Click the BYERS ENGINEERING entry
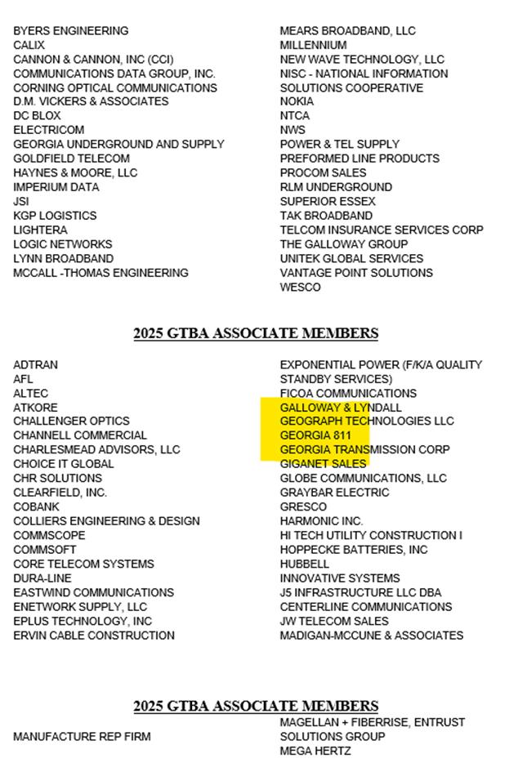[70, 31]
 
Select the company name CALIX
[29, 45]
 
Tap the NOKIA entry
[297, 101]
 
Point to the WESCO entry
[300, 287]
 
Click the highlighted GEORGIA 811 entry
[315, 435]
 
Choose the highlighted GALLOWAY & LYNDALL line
[341, 407]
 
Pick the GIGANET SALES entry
[323, 464]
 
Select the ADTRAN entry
[35, 365]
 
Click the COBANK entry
[36, 507]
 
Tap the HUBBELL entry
[305, 564]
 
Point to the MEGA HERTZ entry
[315, 751]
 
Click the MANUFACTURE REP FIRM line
[82, 737]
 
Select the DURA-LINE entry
[42, 578]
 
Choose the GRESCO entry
[303, 507]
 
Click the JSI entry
[21, 201]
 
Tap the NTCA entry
[295, 116]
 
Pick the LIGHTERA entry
[40, 230]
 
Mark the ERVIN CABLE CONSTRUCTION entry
[93, 635]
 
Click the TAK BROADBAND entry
[326, 216]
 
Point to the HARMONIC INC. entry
[321, 521]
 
